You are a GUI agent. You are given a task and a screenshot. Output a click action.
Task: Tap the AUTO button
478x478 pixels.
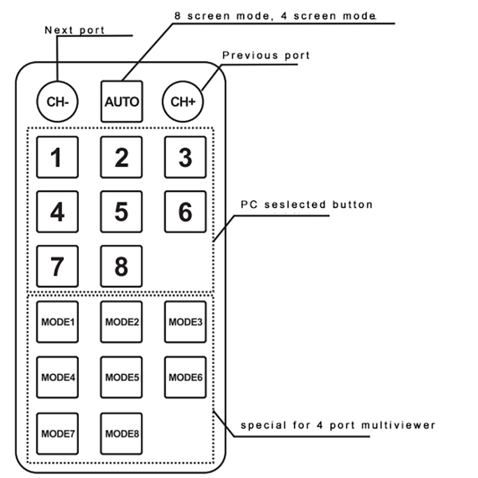click(121, 101)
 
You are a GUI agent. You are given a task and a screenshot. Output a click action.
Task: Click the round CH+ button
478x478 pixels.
click(183, 101)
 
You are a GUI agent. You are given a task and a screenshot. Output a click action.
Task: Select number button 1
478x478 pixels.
click(57, 158)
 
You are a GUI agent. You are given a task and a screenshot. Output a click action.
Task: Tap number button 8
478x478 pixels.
click(121, 266)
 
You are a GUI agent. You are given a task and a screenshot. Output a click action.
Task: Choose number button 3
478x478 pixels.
click(185, 158)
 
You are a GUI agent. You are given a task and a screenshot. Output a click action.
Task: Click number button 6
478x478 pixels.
click(185, 212)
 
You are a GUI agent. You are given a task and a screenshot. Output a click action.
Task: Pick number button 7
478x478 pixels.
click(57, 266)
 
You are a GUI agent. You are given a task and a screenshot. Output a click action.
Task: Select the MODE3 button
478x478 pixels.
click(185, 321)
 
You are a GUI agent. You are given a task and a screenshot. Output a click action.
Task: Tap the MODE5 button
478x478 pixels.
click(121, 377)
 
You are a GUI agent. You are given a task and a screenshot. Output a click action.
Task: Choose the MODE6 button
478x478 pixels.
click(185, 377)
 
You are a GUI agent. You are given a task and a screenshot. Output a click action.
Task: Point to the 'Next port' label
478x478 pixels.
click(75, 30)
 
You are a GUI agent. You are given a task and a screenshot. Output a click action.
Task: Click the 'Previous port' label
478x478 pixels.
click(266, 56)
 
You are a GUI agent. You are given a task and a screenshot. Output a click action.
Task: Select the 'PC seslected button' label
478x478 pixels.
click(306, 205)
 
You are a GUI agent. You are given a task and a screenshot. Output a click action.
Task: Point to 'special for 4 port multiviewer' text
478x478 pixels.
click(338, 425)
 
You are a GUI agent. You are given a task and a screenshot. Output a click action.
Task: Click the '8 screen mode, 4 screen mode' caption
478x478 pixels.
click(275, 14)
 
